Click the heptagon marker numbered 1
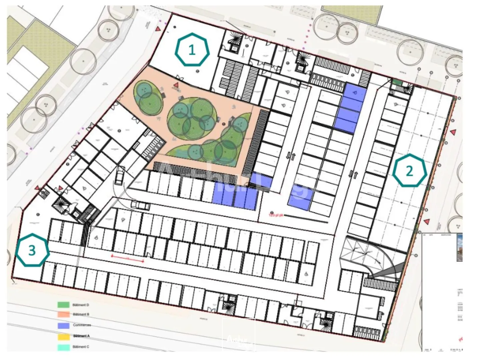pos(192,50)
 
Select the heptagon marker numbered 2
pos(409,171)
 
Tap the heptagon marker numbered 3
pos(32,250)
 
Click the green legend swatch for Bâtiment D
pos(63,305)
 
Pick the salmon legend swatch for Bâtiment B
pos(63,314)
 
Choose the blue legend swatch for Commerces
pos(63,325)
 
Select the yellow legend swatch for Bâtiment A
pos(63,336)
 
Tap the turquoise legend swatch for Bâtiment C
pos(63,347)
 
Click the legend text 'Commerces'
pos(82,325)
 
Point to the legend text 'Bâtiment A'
pos(81,336)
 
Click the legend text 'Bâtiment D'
pos(81,305)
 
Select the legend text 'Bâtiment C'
pos(81,347)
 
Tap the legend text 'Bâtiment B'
pos(81,314)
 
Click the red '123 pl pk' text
pos(276,215)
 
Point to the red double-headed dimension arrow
pos(127,258)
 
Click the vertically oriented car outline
pos(120,176)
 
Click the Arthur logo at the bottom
pos(238,335)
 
